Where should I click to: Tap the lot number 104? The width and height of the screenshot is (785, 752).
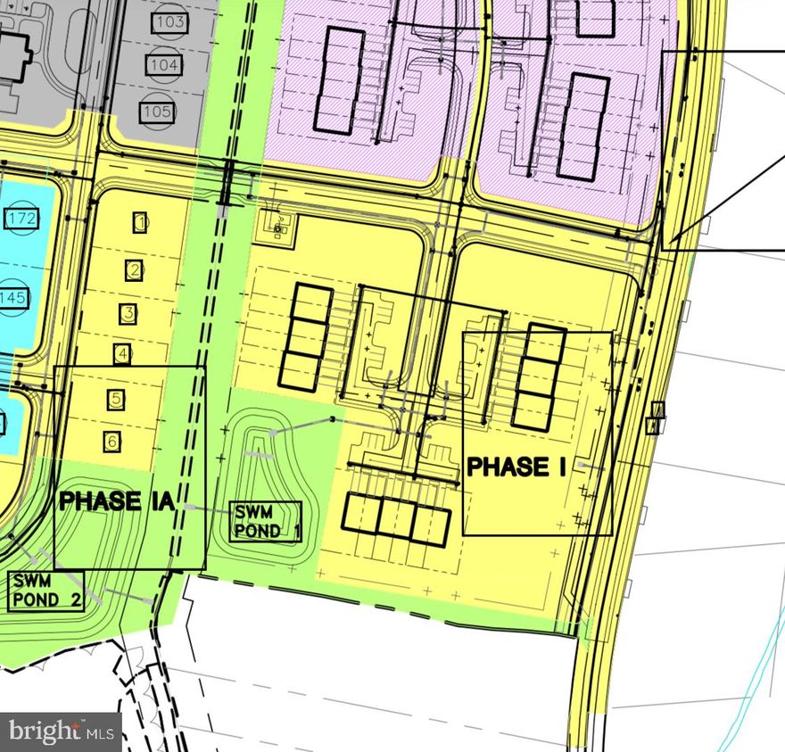pyautogui.click(x=164, y=66)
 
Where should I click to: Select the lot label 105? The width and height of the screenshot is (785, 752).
pyautogui.click(x=157, y=112)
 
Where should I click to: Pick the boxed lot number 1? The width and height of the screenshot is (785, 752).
pyautogui.click(x=141, y=222)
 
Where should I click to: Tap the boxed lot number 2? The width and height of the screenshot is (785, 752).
pyautogui.click(x=135, y=269)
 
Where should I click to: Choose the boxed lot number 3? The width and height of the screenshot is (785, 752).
pyautogui.click(x=128, y=313)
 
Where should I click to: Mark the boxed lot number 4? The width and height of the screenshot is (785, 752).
pyautogui.click(x=122, y=354)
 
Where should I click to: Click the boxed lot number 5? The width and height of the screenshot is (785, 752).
pyautogui.click(x=116, y=399)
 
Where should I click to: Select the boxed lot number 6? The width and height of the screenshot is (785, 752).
pyautogui.click(x=112, y=441)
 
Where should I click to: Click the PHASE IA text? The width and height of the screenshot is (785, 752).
pyautogui.click(x=116, y=501)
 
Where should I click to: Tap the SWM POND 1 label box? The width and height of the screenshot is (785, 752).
pyautogui.click(x=265, y=522)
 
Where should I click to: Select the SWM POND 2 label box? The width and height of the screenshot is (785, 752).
pyautogui.click(x=46, y=590)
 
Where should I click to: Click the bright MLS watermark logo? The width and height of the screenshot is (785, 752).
pyautogui.click(x=60, y=732)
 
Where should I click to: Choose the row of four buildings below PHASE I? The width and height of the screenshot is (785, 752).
pyautogui.click(x=395, y=518)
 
